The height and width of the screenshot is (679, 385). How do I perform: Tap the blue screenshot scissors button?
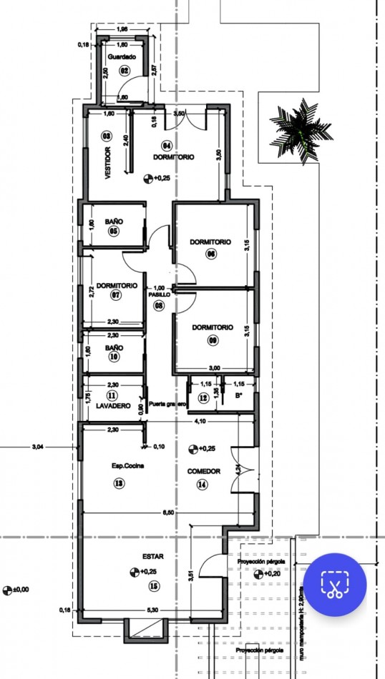pos(335,584)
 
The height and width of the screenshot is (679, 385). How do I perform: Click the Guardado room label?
pos(122,56)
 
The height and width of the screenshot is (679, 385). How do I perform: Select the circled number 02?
pos(124,70)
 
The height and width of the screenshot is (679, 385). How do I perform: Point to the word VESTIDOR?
pos(108,163)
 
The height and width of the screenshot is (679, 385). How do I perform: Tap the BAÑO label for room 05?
pos(114,222)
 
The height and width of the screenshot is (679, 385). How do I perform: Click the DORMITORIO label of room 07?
pos(117,285)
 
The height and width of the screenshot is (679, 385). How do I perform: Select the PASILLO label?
pos(159,294)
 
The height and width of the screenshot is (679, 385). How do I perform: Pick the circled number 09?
pos(213,340)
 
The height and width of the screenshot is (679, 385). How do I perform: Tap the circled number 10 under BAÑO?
pos(114,358)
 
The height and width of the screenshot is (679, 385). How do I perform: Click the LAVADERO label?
pos(113,407)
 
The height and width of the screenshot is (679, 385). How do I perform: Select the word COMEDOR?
pos(203,472)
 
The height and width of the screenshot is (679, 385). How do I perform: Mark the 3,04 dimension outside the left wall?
pos(38,447)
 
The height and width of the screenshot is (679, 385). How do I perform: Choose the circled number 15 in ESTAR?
pos(154,587)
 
